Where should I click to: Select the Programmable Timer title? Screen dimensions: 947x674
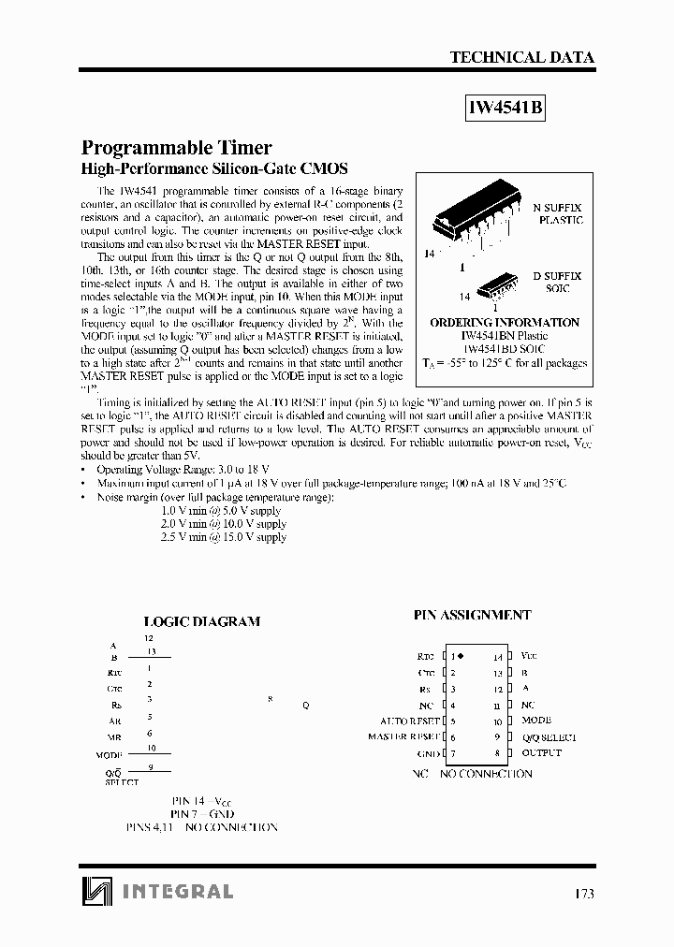[177, 147]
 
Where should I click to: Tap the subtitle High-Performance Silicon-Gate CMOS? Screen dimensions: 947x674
[214, 169]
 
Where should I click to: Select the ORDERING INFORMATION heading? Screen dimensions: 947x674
[504, 323]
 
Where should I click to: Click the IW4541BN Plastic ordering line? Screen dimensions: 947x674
[504, 336]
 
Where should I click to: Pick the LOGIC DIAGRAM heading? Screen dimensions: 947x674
[201, 621]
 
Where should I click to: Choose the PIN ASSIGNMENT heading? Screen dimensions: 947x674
[472, 616]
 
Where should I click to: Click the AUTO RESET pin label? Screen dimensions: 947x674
[409, 721]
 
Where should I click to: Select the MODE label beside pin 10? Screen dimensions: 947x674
[535, 721]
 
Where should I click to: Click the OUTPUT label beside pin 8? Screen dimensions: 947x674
[541, 753]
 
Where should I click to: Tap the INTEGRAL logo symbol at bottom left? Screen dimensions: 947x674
[95, 891]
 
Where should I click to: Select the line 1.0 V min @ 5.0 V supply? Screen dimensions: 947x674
[223, 511]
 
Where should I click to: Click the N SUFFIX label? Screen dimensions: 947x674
[557, 207]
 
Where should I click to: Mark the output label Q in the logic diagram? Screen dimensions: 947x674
[304, 706]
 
